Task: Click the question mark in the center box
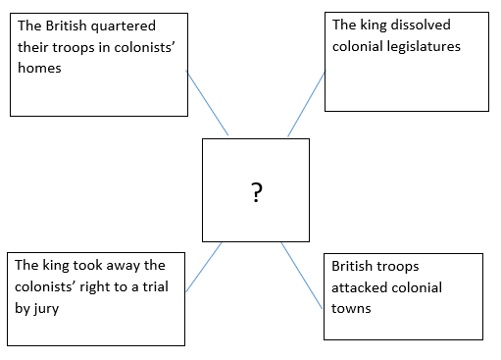pos(257,192)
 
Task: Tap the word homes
pos(39,68)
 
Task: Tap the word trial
pos(156,286)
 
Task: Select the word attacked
pos(359,287)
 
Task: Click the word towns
pos(351,309)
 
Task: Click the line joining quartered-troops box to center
pos(207,102)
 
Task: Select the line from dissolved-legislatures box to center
pos(307,104)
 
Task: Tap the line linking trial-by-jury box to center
pos(204,267)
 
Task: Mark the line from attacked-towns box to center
pos(302,276)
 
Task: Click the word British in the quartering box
pos(66,26)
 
